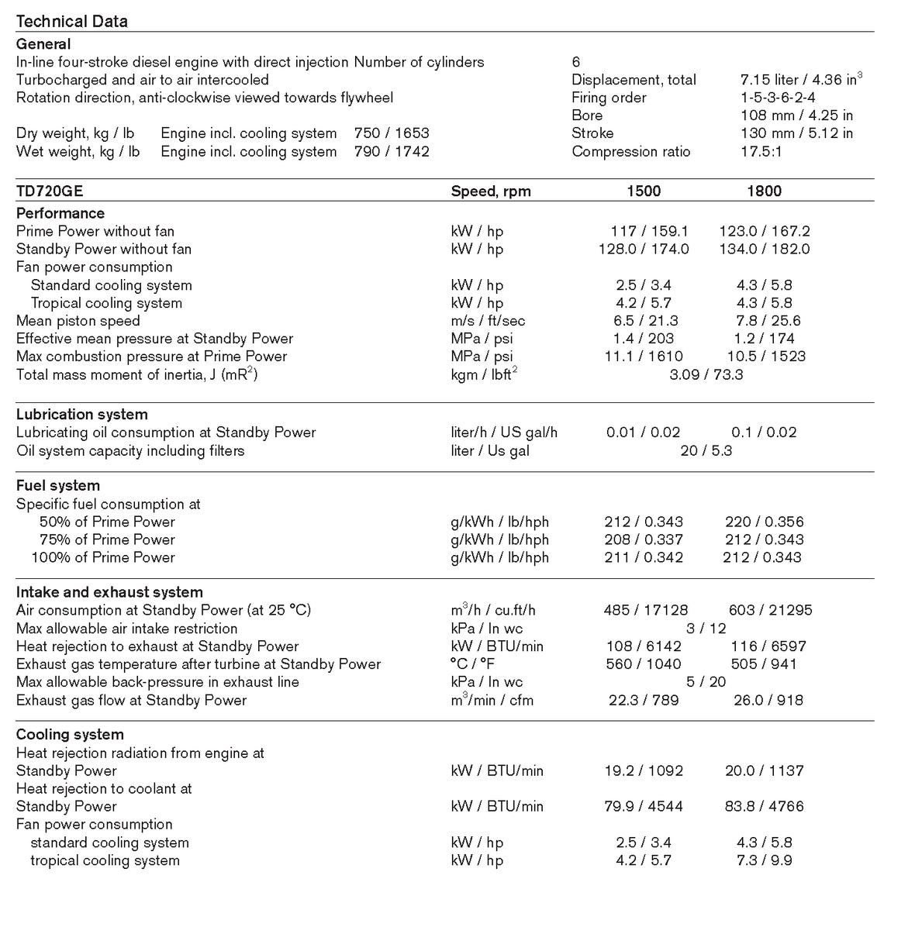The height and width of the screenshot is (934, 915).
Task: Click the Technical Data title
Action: pos(71,21)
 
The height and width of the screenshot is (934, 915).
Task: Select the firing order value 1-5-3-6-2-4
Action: pos(778,98)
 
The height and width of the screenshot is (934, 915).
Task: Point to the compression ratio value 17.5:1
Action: pos(761,151)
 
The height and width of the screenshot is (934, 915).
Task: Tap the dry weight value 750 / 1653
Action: pos(392,133)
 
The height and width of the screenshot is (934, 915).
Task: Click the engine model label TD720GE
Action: pos(50,191)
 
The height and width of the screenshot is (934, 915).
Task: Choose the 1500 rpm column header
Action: pos(644,191)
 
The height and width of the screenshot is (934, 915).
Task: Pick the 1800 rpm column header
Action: pos(764,191)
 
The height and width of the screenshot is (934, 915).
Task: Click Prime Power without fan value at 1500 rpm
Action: pos(649,231)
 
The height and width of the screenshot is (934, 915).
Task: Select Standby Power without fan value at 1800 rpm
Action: pos(765,249)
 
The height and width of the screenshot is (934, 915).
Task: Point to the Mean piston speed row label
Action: pos(78,321)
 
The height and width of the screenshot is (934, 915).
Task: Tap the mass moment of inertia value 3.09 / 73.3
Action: pos(706,374)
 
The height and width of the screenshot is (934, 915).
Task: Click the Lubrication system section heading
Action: pos(81,415)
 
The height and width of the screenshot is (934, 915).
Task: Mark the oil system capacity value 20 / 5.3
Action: pos(706,450)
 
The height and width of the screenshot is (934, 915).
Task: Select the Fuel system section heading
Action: pos(58,486)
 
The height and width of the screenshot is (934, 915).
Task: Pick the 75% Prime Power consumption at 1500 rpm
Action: pos(644,539)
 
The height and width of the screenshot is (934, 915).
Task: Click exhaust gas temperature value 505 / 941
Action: pos(764,664)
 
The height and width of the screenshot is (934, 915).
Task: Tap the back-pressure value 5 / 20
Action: pos(706,682)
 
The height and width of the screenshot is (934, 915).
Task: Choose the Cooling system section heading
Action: pos(70,735)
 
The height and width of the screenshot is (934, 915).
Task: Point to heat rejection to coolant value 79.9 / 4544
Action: pos(644,806)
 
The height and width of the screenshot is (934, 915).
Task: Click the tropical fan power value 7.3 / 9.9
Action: pos(764,860)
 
